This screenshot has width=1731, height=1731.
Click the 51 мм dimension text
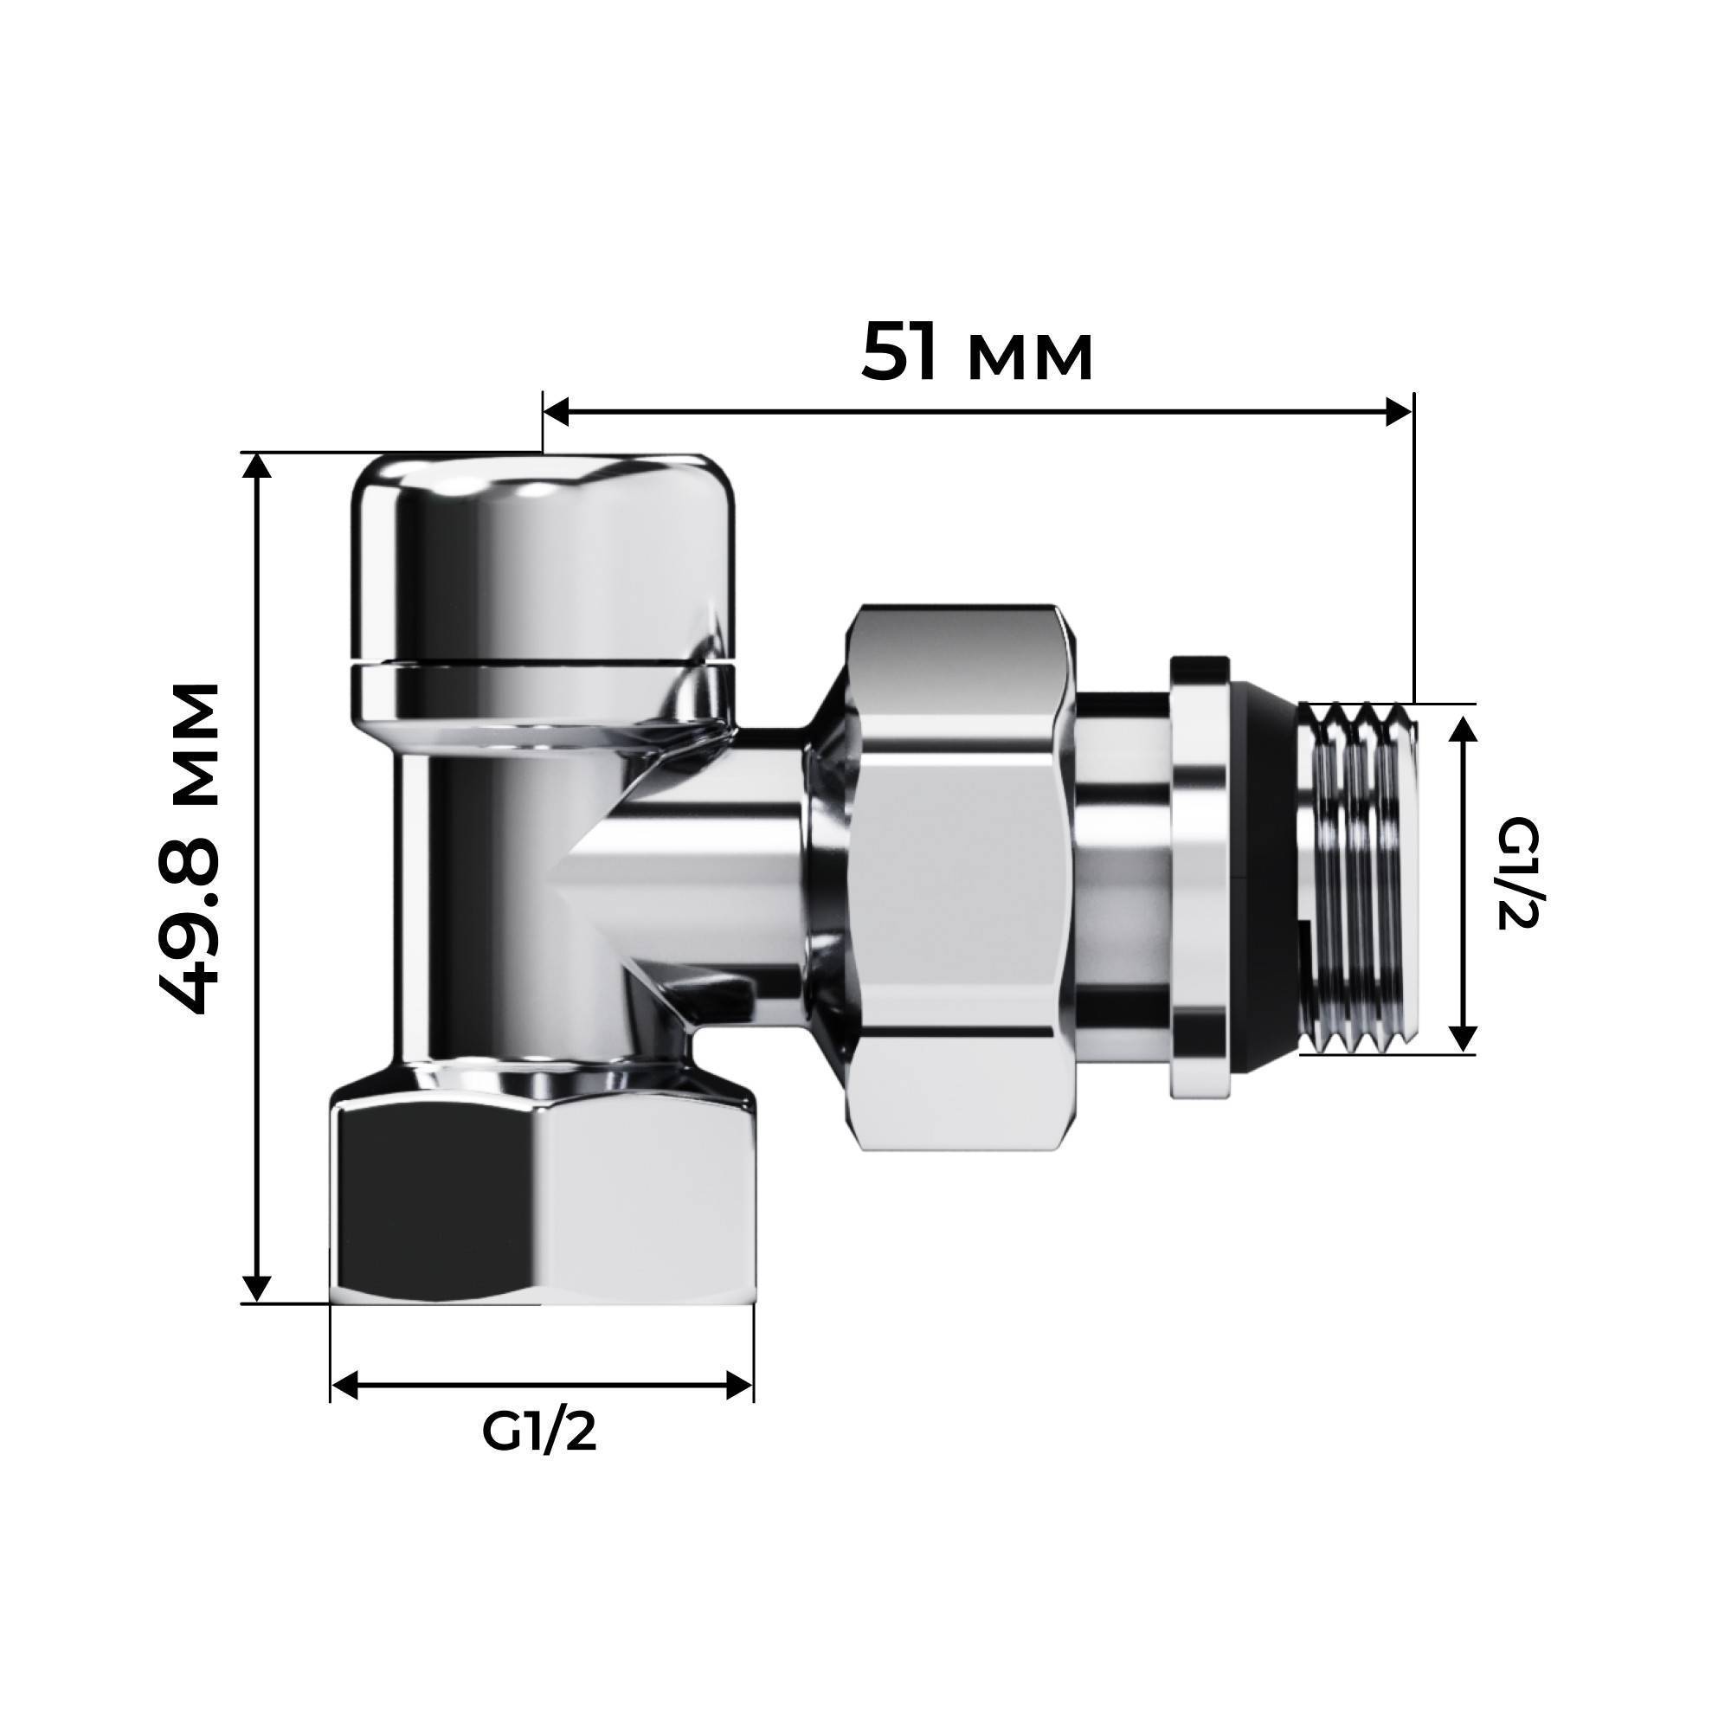coord(976,353)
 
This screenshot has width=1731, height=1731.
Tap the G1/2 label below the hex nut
coord(538,1432)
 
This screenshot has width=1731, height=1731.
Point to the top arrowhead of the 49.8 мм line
coord(257,467)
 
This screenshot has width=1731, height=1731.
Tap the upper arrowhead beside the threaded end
coord(1463,730)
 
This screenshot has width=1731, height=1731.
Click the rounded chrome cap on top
coord(542,556)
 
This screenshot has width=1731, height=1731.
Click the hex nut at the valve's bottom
coord(542,1200)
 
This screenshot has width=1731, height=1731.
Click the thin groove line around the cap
coord(542,664)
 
